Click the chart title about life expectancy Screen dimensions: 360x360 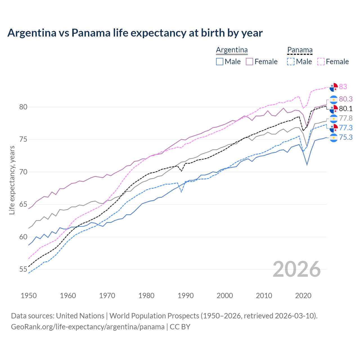(x=135, y=33)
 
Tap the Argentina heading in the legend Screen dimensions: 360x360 (x=232, y=50)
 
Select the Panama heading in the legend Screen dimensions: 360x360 (x=300, y=50)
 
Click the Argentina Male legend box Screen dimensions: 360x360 (x=220, y=62)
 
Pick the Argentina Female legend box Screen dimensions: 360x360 (x=249, y=62)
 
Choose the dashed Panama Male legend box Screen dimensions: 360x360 (x=291, y=62)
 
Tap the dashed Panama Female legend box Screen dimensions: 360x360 (x=321, y=62)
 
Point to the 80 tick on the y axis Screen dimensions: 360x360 (x=23, y=107)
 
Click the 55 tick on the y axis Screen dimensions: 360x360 (x=23, y=269)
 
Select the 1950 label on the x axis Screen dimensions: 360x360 (x=29, y=296)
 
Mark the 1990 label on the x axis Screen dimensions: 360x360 (x=186, y=296)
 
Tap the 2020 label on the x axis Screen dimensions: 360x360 (x=303, y=296)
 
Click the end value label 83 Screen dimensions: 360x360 (x=343, y=87)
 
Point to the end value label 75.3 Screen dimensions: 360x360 (x=346, y=137)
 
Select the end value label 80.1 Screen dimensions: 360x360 (x=346, y=109)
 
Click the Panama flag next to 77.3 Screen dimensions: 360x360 (x=334, y=128)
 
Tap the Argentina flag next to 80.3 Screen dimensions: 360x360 (x=334, y=100)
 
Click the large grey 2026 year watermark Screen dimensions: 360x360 (x=297, y=269)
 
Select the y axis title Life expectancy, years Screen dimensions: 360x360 (x=12, y=180)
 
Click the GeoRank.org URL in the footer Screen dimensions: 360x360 (x=88, y=327)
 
